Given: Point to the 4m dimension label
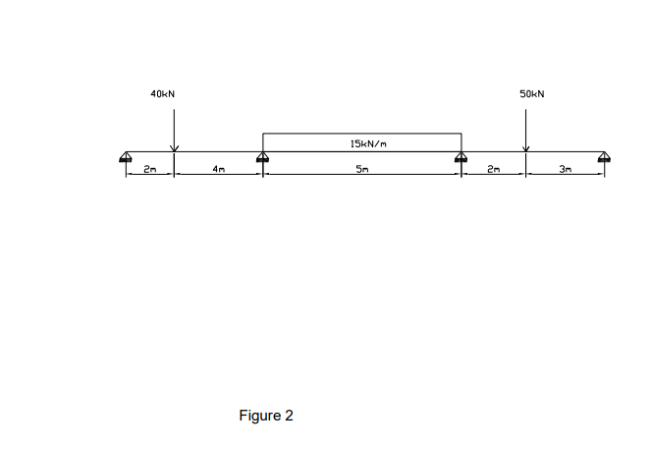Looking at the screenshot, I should pyautogui.click(x=219, y=170).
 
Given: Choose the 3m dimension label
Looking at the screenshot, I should pyautogui.click(x=565, y=170).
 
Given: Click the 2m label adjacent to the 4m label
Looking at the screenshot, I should pyautogui.click(x=149, y=170).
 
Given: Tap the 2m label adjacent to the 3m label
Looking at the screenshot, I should pyautogui.click(x=494, y=170).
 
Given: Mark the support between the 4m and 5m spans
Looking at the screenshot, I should pyautogui.click(x=262, y=157).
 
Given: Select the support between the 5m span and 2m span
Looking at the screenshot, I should pyautogui.click(x=461, y=157).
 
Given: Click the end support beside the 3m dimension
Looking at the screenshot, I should pyautogui.click(x=604, y=157).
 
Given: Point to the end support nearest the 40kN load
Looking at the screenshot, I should pyautogui.click(x=127, y=157).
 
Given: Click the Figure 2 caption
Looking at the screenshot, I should pyautogui.click(x=266, y=416).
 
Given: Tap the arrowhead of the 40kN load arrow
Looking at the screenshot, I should pyautogui.click(x=174, y=149).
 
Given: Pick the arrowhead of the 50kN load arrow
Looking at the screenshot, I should pyautogui.click(x=525, y=149).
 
